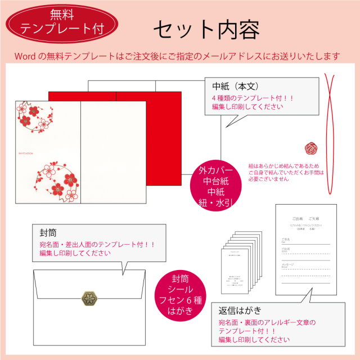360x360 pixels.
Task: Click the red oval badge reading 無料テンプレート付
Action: click(62, 22)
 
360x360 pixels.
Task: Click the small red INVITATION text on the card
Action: click(26, 152)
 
